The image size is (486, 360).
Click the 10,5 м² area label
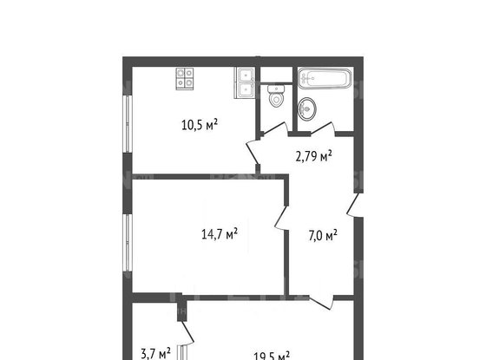click(199, 124)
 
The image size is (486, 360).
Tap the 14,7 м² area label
click(220, 232)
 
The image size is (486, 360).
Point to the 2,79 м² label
click(313, 157)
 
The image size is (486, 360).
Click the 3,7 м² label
click(157, 353)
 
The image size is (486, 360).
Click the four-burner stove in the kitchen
click(185, 78)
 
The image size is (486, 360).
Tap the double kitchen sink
click(244, 82)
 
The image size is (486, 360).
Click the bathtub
click(324, 79)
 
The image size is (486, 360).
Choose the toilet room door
click(274, 131)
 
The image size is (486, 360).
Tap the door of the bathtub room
click(323, 129)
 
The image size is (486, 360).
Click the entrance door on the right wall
click(354, 206)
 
